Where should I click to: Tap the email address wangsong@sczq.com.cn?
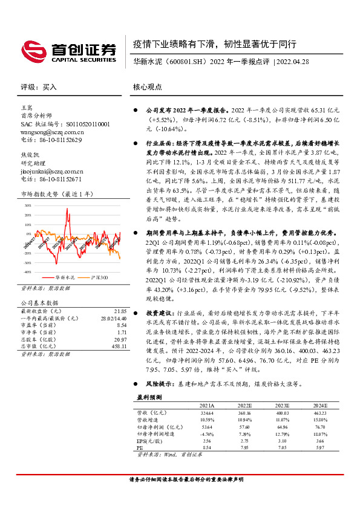tap(51, 131)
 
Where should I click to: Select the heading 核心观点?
tap(148, 87)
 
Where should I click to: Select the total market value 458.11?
tap(120, 346)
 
